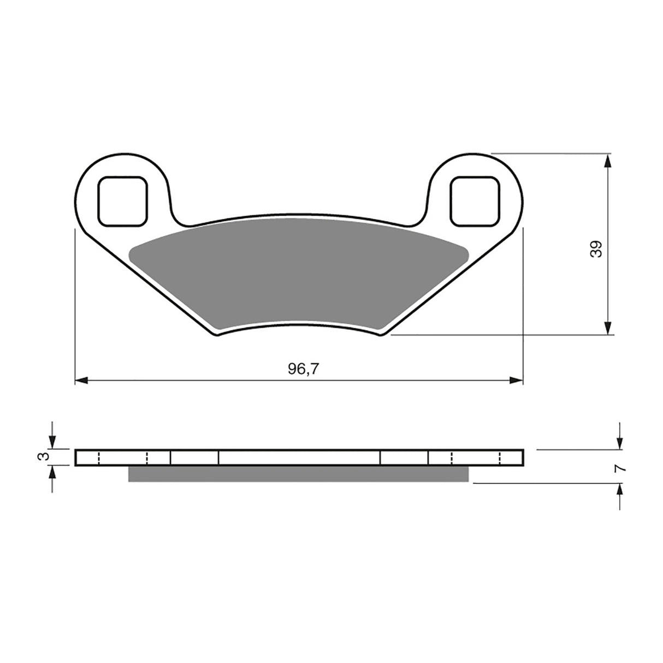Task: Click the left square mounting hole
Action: (122, 201)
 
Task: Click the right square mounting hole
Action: (474, 201)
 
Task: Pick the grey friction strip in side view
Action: (298, 474)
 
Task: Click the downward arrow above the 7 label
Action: (619, 443)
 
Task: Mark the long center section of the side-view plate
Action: (299, 458)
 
